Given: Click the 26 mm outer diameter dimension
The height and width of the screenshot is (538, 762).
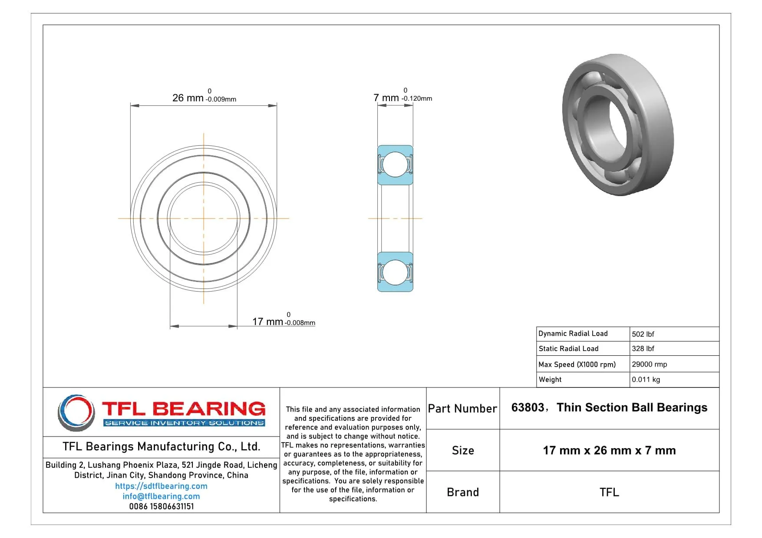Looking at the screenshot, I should pyautogui.click(x=188, y=98).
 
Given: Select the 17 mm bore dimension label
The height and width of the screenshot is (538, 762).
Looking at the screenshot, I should pyautogui.click(x=267, y=321).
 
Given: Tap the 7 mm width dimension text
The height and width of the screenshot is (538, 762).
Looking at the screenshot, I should pyautogui.click(x=386, y=98).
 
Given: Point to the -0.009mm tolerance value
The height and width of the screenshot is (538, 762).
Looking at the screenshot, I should pyautogui.click(x=221, y=99).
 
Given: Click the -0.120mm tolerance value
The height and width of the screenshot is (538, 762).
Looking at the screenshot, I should pyautogui.click(x=417, y=98).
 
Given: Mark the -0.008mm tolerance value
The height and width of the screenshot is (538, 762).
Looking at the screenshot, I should pyautogui.click(x=300, y=323).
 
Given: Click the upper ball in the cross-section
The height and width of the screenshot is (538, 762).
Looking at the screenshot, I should pyautogui.click(x=395, y=164).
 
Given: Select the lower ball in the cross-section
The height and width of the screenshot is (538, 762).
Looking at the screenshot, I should pyautogui.click(x=395, y=272).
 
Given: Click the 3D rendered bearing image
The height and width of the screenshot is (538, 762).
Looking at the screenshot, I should pyautogui.click(x=617, y=125).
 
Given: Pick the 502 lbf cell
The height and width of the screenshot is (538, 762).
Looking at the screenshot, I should pyautogui.click(x=643, y=334).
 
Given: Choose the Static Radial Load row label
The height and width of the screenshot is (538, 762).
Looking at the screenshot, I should pyautogui.click(x=568, y=348).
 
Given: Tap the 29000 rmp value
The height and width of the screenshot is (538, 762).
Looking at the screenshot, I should pyautogui.click(x=649, y=364).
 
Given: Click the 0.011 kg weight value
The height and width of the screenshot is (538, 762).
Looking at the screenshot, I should pyautogui.click(x=646, y=379).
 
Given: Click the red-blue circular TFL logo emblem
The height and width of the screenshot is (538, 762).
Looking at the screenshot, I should pyautogui.click(x=76, y=413).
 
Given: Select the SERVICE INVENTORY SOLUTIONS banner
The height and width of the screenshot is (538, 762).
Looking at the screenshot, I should pyautogui.click(x=185, y=423).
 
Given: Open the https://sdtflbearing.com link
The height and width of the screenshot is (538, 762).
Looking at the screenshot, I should pyautogui.click(x=161, y=486).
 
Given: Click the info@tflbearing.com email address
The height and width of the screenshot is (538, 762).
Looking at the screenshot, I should pyautogui.click(x=161, y=496).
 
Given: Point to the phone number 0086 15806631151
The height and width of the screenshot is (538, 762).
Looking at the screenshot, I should pyautogui.click(x=161, y=506).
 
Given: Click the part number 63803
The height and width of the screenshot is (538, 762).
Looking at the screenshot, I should pyautogui.click(x=528, y=407).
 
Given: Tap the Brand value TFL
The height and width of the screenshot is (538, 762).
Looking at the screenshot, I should pyautogui.click(x=609, y=492).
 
